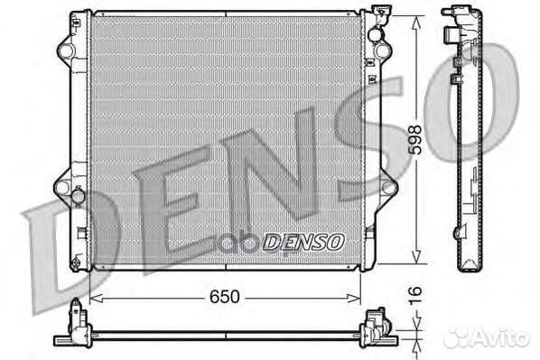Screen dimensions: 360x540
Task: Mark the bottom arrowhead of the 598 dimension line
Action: tap(415, 263)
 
